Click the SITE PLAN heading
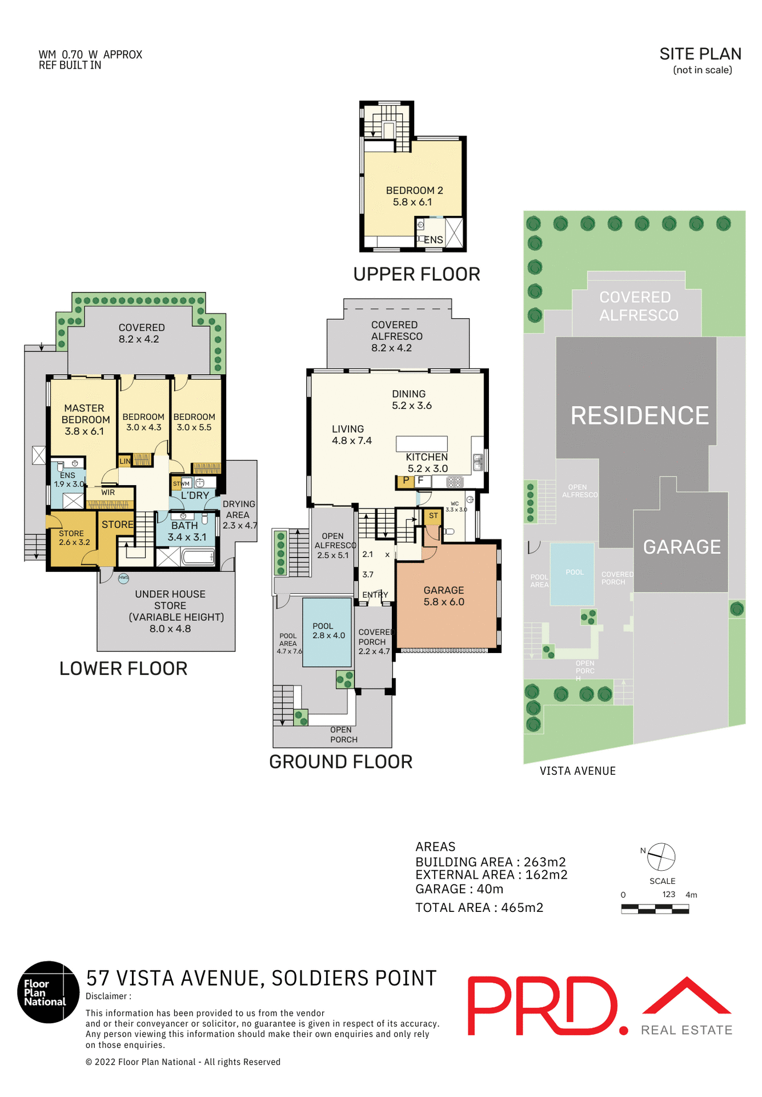click(700, 54)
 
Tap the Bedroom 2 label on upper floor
click(414, 196)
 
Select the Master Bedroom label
click(85, 419)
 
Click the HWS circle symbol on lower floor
click(123, 578)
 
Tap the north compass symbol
click(661, 857)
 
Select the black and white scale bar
click(655, 909)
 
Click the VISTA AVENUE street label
click(577, 771)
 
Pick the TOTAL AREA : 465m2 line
click(479, 907)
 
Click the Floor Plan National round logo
click(48, 992)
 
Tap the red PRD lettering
click(543, 1006)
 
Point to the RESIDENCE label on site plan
click(639, 416)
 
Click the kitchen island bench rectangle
click(422, 443)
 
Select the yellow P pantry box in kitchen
click(405, 481)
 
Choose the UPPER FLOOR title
click(416, 274)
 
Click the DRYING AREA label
click(239, 514)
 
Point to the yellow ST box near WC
click(433, 516)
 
